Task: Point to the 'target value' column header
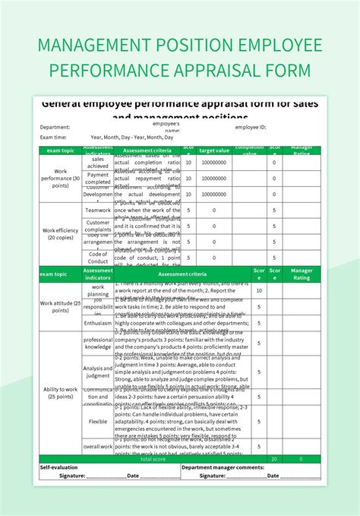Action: (213, 150)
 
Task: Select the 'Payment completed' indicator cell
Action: (98, 178)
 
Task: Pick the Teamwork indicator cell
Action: (98, 211)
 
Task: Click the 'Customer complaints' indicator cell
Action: (98, 226)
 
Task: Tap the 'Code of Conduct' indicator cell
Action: (98, 258)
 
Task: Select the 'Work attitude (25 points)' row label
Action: (59, 306)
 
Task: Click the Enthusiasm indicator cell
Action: (98, 323)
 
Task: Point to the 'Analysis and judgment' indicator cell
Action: (98, 372)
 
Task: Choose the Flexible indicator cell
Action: (98, 420)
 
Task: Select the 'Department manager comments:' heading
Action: (223, 467)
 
